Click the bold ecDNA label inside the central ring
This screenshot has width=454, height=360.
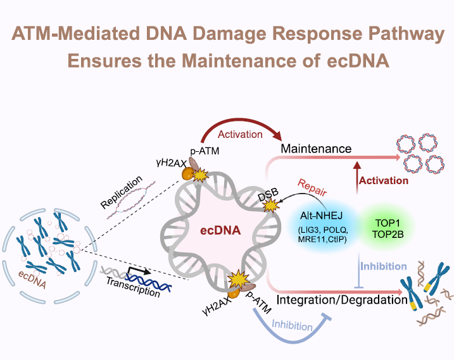217,231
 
